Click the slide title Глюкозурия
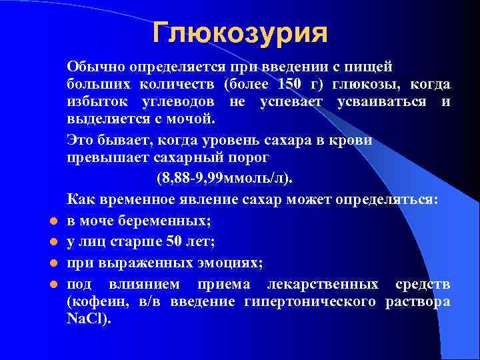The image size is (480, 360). pos(239,33)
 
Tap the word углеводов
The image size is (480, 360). pos(179,102)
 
